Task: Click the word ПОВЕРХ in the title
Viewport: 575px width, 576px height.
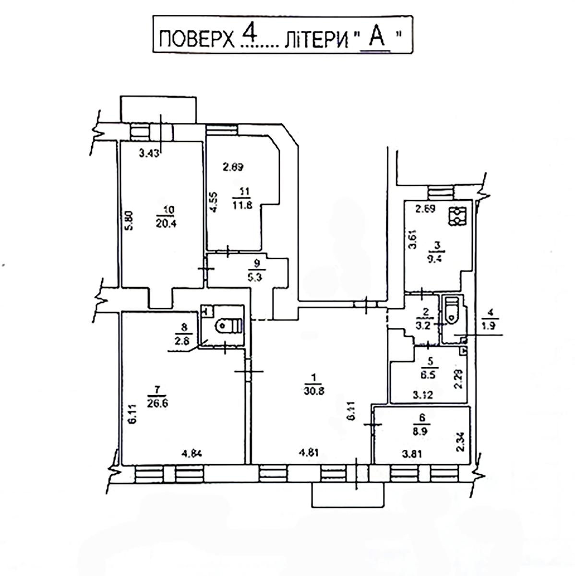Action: coord(195,39)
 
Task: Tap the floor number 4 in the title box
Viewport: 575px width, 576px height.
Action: coord(248,34)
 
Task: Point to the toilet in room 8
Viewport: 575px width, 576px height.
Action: coord(228,326)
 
